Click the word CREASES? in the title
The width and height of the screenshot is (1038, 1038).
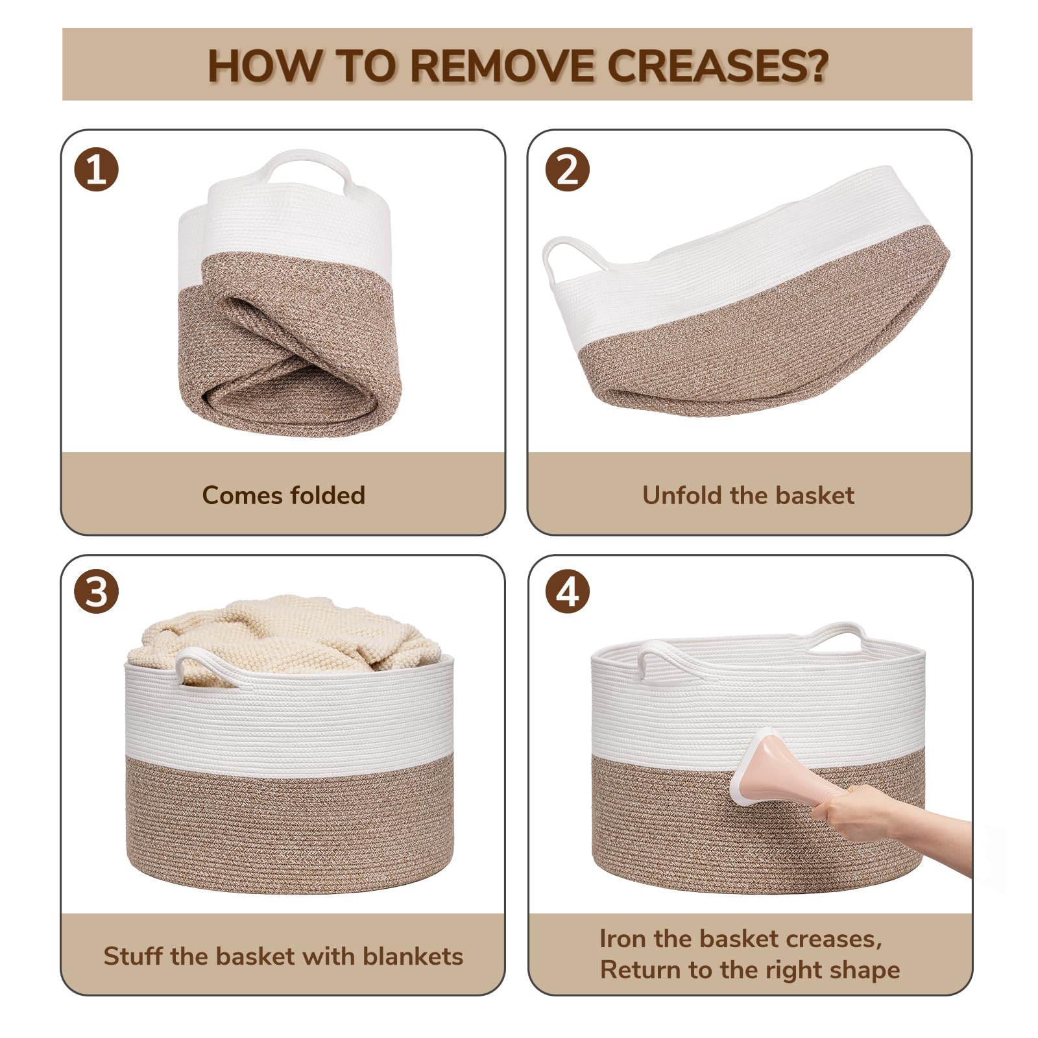coord(718,66)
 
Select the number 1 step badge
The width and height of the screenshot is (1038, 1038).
coord(97,170)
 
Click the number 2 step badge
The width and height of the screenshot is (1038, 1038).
coord(568,170)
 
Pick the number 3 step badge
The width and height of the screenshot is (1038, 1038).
coord(97,592)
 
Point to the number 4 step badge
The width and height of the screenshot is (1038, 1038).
coord(568,592)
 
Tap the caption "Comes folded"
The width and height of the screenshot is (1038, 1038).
coord(284,496)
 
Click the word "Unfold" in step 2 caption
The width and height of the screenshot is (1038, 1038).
coord(681,496)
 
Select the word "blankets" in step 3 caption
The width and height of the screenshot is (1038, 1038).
coord(413,956)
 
